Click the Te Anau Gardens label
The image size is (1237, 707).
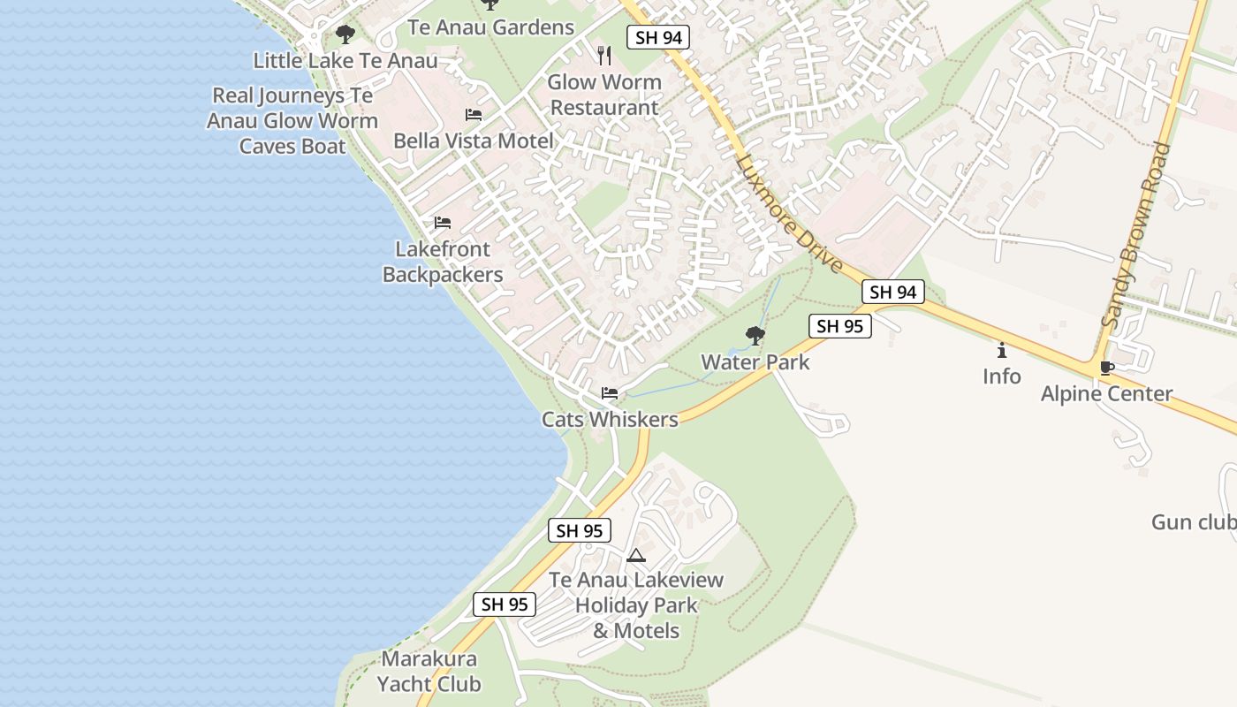(490, 27)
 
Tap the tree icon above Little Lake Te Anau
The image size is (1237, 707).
(345, 34)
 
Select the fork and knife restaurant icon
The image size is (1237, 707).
(604, 56)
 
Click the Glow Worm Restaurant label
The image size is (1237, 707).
(604, 95)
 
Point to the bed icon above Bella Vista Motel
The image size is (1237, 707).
(474, 115)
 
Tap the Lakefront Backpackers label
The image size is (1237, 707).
(443, 262)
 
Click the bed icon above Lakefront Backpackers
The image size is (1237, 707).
(443, 223)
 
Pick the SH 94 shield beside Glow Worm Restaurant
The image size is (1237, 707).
(657, 37)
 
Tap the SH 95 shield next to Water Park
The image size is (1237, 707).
(839, 326)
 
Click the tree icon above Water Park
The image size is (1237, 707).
(755, 336)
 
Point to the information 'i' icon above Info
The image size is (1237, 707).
(1001, 350)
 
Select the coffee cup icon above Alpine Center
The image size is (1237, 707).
(1106, 368)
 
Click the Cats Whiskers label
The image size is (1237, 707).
(610, 419)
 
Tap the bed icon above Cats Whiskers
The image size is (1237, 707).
(610, 393)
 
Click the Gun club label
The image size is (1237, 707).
(1194, 522)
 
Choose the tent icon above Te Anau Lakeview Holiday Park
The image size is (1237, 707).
(635, 556)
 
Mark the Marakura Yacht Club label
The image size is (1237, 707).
(429, 671)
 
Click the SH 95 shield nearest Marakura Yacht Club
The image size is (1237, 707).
(505, 604)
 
